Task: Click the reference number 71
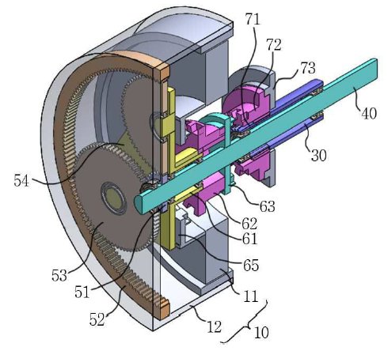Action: (253, 19)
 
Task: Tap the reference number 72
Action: (274, 45)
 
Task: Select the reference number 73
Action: (308, 68)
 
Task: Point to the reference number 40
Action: (369, 114)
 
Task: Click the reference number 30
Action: (319, 155)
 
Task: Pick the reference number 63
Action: (268, 206)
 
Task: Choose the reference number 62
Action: (249, 224)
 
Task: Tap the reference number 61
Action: (249, 239)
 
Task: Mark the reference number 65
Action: (251, 265)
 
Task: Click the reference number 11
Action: (250, 296)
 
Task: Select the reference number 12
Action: (214, 327)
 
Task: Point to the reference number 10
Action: (261, 333)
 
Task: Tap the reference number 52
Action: (97, 320)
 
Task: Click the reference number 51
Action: (82, 292)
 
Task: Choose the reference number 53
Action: (59, 276)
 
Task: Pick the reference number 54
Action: (21, 181)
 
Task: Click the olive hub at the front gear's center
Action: (114, 198)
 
